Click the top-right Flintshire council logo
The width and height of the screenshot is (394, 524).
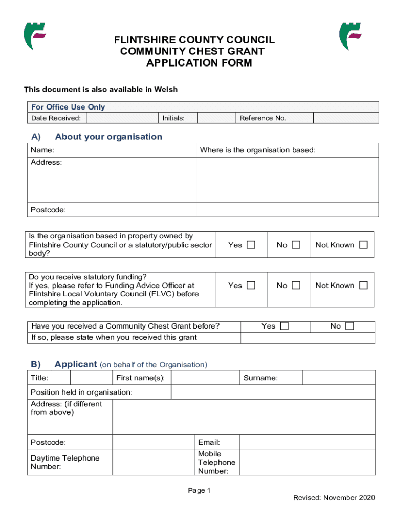(350, 36)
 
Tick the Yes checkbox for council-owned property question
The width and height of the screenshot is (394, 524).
(251, 245)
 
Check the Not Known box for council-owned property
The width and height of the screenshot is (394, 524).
(363, 245)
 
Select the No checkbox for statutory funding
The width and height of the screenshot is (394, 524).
(296, 286)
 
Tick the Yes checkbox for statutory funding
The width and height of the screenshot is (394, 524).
(251, 286)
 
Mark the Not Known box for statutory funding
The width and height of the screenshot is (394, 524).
(363, 286)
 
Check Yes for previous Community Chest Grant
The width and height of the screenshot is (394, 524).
(284, 326)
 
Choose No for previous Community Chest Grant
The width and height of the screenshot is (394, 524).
(349, 326)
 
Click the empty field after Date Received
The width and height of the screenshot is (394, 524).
(122, 118)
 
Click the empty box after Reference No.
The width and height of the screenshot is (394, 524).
(345, 118)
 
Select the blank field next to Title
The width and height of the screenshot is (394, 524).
(90, 378)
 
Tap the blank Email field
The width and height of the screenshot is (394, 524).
(307, 442)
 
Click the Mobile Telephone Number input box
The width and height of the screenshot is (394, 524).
(307, 462)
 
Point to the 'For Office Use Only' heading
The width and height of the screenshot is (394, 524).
(68, 107)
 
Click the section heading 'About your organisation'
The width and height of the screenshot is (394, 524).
(108, 137)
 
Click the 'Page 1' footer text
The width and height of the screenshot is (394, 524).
(200, 491)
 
